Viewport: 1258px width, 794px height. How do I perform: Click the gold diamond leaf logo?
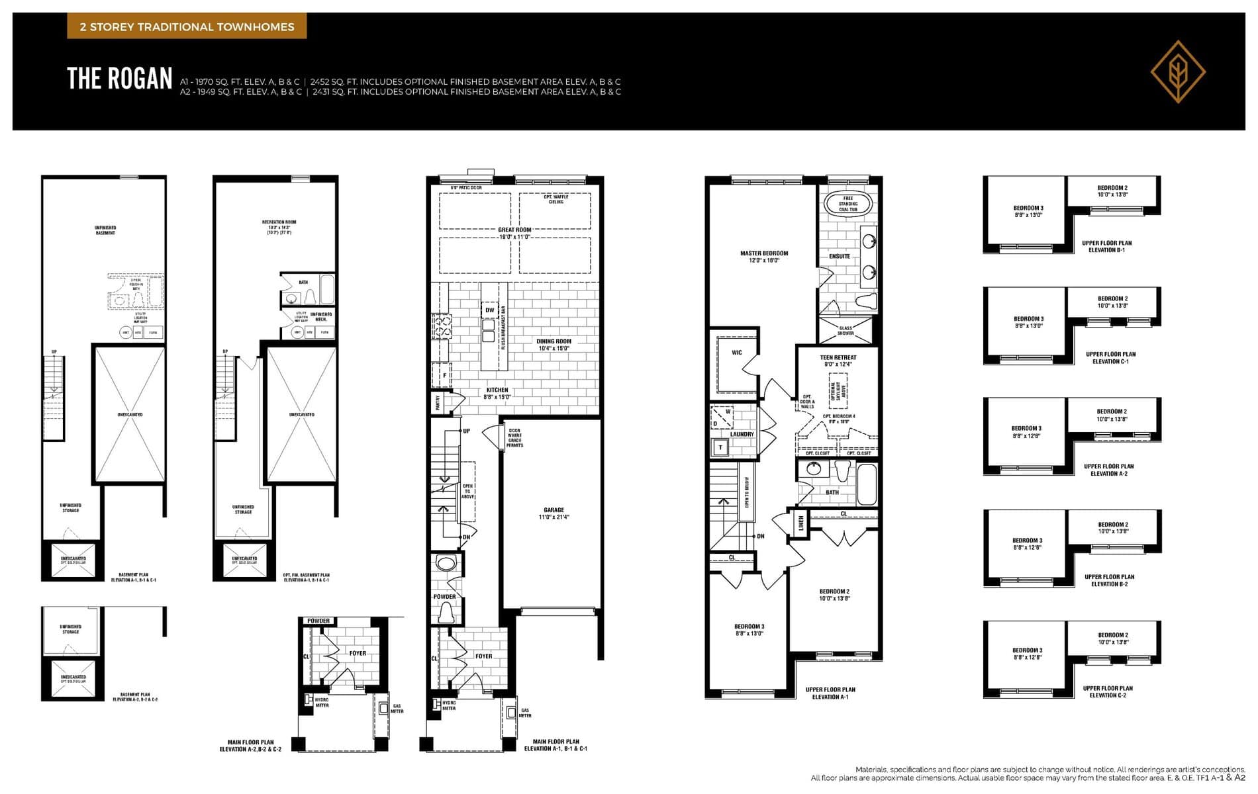point(1178,71)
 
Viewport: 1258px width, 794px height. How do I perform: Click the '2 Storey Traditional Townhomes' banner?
point(187,27)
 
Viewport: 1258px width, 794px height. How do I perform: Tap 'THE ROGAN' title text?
point(120,79)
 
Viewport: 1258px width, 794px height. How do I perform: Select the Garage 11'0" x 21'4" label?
point(554,513)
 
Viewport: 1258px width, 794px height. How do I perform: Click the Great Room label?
point(514,230)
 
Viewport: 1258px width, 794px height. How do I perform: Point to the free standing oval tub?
point(847,203)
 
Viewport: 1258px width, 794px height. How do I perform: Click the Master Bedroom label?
point(764,256)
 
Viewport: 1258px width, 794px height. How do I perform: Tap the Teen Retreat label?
point(838,361)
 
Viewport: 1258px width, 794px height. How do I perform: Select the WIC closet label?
point(737,353)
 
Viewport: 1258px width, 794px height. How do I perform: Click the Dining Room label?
point(554,345)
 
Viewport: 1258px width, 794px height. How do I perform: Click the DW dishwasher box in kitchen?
point(489,310)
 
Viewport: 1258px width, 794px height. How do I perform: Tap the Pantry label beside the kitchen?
point(438,402)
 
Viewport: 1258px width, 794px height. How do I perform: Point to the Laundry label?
point(742,435)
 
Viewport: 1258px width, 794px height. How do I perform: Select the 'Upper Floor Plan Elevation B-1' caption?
point(1103,246)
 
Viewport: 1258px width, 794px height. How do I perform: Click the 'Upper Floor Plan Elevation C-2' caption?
point(1108,691)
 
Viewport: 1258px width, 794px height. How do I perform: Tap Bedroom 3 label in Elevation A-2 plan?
point(1026,431)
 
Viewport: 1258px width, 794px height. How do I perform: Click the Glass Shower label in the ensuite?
point(846,330)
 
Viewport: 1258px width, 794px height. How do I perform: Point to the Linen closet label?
point(800,523)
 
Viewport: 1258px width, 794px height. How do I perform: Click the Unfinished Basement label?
point(105,230)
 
